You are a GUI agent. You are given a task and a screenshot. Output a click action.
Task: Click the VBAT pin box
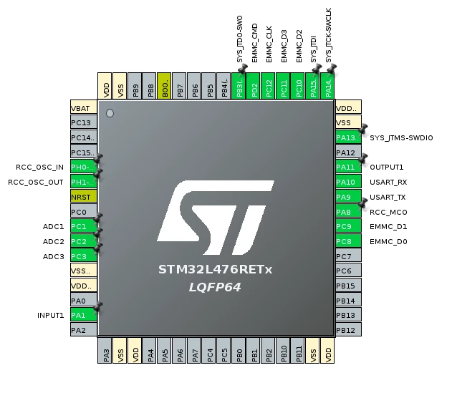click(x=84, y=107)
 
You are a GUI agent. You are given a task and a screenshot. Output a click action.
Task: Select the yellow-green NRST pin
click(x=84, y=196)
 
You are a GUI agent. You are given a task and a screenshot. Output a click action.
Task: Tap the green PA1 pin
click(x=84, y=315)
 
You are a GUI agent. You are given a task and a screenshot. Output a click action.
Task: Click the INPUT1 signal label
click(x=50, y=315)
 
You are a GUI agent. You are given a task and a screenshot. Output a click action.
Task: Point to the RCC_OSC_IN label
click(x=40, y=168)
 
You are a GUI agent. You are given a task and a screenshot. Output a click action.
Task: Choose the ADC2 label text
click(x=53, y=241)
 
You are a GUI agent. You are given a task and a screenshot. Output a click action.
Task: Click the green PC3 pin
click(x=84, y=256)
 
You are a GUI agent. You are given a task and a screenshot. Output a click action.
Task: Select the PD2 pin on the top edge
click(x=254, y=86)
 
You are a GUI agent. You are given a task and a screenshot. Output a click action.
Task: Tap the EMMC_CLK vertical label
click(x=269, y=44)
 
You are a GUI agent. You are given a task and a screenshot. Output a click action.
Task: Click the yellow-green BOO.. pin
click(x=164, y=86)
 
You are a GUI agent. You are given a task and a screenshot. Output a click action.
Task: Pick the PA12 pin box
click(x=349, y=152)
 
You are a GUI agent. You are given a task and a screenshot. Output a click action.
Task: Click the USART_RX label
click(x=388, y=182)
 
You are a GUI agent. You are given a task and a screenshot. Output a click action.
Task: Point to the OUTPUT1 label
click(x=387, y=167)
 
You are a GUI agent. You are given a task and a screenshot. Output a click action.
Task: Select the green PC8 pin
click(x=349, y=241)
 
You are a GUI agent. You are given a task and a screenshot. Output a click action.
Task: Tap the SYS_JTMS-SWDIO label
click(x=401, y=138)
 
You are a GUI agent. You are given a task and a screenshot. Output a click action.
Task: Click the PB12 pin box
click(x=349, y=329)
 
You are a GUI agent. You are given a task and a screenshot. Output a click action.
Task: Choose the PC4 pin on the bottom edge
click(x=209, y=350)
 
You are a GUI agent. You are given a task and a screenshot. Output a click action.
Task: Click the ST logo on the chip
click(x=216, y=218)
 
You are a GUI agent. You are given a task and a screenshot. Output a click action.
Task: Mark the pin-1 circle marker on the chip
click(x=110, y=113)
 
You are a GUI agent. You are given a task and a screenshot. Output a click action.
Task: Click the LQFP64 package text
click(x=215, y=287)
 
